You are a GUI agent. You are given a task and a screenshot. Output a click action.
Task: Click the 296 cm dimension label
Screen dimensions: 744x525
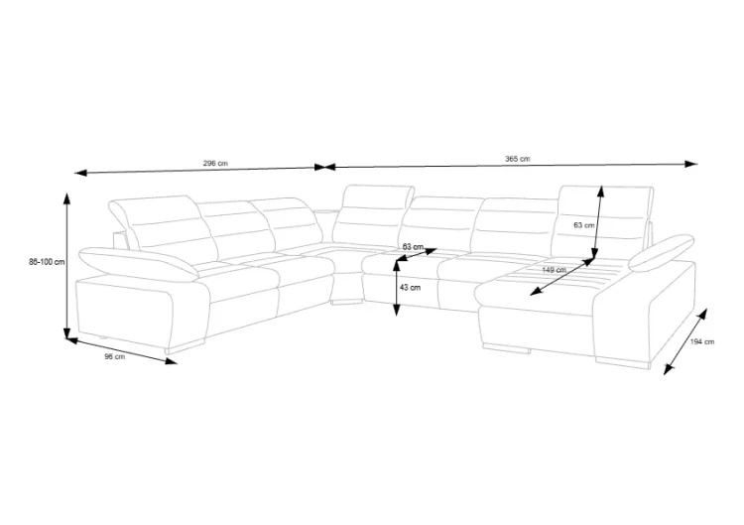pyautogui.click(x=215, y=164)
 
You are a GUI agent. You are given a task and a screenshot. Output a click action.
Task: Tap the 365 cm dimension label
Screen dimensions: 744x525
pyautogui.click(x=518, y=159)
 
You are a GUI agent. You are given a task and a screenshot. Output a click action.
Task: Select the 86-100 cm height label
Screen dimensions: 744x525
pyautogui.click(x=47, y=262)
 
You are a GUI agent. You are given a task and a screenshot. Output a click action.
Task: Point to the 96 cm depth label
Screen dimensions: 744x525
pyautogui.click(x=115, y=356)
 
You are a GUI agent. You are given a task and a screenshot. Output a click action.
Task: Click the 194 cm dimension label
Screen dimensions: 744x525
pyautogui.click(x=702, y=341)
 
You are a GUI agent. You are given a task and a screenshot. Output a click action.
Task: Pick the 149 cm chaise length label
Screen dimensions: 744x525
pyautogui.click(x=554, y=270)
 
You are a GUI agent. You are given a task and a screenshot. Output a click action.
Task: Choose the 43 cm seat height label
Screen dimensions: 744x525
pyautogui.click(x=410, y=287)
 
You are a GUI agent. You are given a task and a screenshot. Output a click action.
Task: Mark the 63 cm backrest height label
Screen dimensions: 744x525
pyautogui.click(x=583, y=225)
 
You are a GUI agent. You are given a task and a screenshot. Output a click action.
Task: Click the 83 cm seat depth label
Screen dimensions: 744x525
pyautogui.click(x=413, y=247)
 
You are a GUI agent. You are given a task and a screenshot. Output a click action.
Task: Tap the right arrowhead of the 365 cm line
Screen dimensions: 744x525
pyautogui.click(x=692, y=164)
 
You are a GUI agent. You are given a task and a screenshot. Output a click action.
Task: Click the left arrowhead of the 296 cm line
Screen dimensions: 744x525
pyautogui.click(x=80, y=173)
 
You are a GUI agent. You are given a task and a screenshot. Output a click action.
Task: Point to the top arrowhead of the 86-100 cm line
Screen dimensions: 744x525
pyautogui.click(x=67, y=198)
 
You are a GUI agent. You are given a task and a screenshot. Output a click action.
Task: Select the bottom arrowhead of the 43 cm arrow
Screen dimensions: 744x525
pyautogui.click(x=397, y=310)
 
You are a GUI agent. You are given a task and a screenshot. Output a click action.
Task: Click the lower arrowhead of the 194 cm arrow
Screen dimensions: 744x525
pyautogui.click(x=669, y=369)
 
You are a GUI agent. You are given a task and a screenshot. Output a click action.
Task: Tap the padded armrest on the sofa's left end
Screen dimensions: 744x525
pyautogui.click(x=138, y=262)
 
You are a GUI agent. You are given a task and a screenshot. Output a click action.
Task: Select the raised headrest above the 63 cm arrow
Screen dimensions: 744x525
pyautogui.click(x=602, y=220)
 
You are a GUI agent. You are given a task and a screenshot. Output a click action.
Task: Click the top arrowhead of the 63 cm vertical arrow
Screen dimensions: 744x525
pyautogui.click(x=601, y=192)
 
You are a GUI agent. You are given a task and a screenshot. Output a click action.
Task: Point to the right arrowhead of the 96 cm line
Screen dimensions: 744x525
pyautogui.click(x=171, y=361)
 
